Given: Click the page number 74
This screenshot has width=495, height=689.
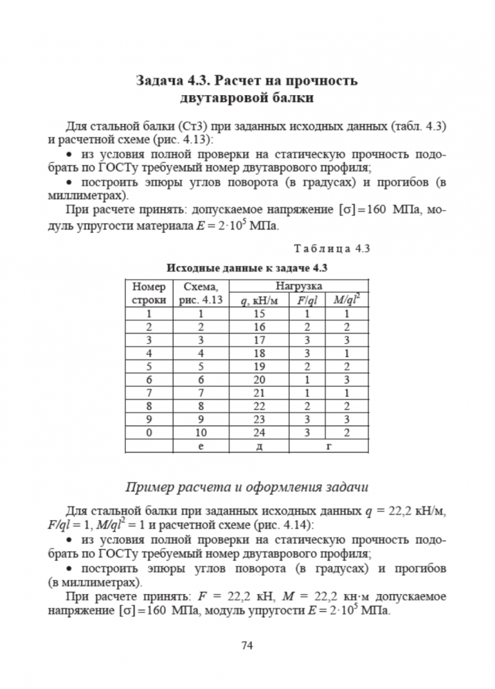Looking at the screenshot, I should [x=248, y=646].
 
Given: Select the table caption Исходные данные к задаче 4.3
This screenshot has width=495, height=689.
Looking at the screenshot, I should [x=246, y=267].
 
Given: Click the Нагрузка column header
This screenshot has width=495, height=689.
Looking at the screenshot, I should [x=300, y=285].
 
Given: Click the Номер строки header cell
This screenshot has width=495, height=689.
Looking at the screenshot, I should [x=149, y=292].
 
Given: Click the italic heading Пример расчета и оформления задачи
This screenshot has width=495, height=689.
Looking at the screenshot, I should [x=247, y=487].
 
